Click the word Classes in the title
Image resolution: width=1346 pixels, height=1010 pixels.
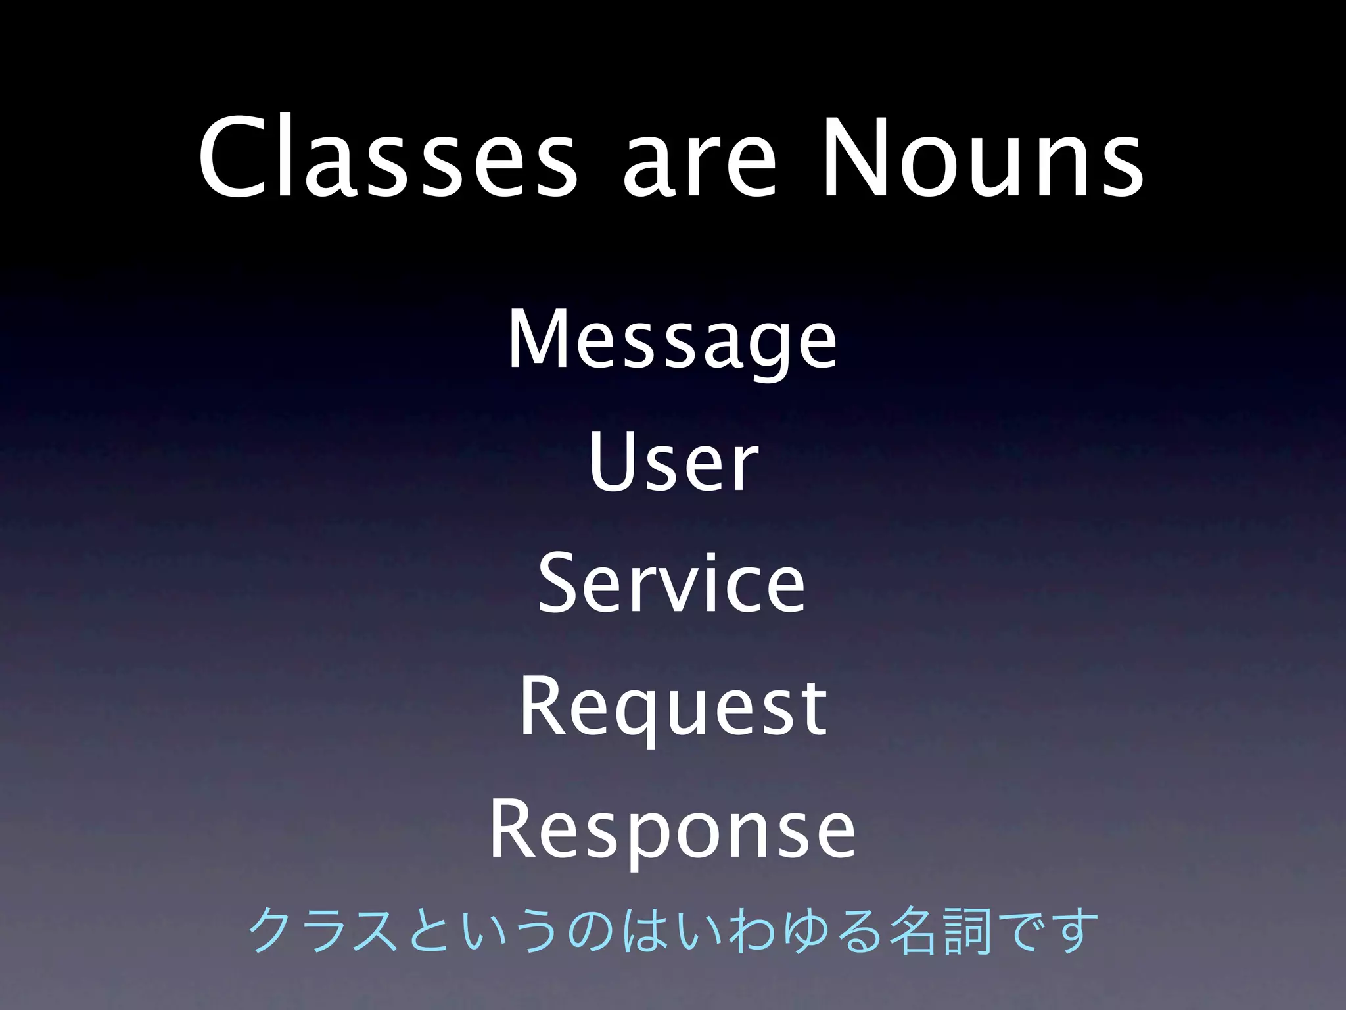pyautogui.click(x=388, y=158)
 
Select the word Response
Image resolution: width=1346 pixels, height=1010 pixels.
pyautogui.click(x=672, y=830)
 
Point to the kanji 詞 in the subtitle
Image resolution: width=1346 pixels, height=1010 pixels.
pyautogui.click(x=966, y=931)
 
